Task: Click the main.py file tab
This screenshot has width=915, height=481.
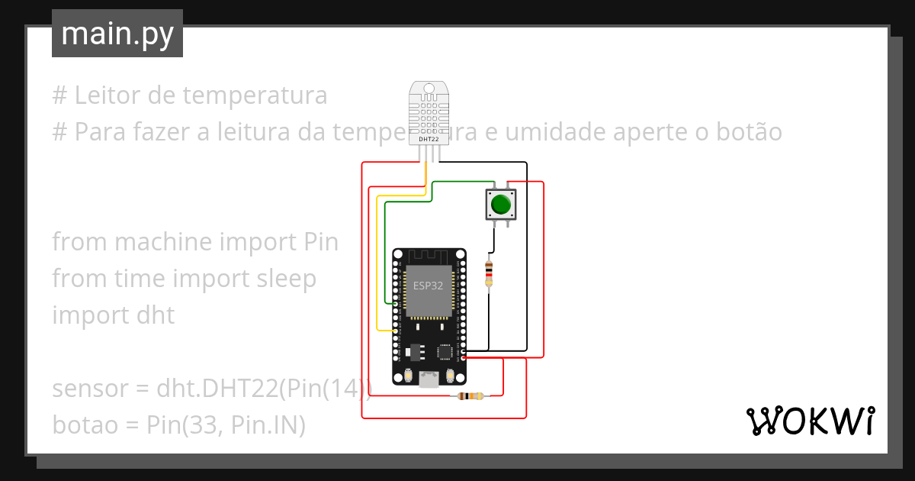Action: [117, 34]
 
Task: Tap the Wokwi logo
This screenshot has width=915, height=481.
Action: [809, 421]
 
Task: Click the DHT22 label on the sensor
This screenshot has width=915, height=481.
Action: [428, 139]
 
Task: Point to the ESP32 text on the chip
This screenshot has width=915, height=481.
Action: [428, 286]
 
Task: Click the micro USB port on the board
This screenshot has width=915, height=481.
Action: [429, 379]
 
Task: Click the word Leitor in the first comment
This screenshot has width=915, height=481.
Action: [105, 96]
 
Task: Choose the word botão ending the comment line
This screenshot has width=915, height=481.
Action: [750, 132]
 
